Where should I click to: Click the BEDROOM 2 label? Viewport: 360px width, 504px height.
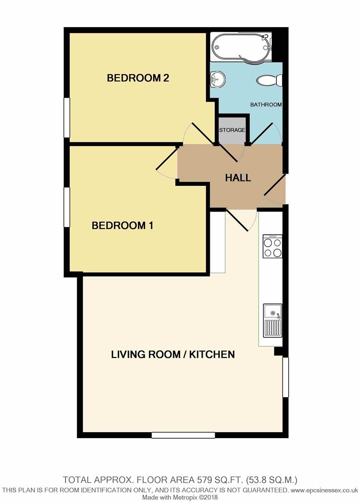[x=138, y=78]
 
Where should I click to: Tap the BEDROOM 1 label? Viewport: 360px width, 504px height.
[x=123, y=226]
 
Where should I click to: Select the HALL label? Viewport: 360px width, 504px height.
[x=238, y=178]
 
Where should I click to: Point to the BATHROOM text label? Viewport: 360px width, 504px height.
[x=266, y=105]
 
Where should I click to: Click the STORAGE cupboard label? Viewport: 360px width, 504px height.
[x=232, y=130]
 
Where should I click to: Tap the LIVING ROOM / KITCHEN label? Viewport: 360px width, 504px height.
[x=173, y=355]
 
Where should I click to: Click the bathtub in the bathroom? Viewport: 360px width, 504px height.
[x=241, y=47]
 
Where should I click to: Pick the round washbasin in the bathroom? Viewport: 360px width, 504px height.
[x=217, y=79]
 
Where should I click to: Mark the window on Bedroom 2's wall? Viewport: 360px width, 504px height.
[x=67, y=118]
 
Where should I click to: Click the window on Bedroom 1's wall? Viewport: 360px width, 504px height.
[x=67, y=207]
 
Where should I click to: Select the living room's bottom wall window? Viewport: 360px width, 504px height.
[x=183, y=435]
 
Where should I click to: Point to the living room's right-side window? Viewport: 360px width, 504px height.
[x=285, y=378]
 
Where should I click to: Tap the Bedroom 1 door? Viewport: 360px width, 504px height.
[x=166, y=163]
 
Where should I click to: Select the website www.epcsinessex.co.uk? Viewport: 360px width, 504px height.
[x=324, y=490]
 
